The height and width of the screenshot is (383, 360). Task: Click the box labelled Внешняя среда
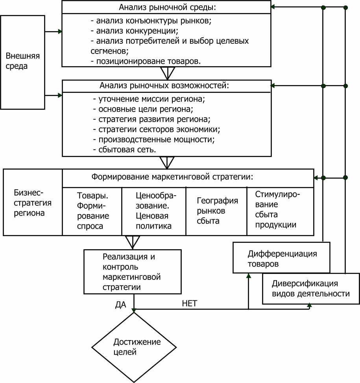click(22, 62)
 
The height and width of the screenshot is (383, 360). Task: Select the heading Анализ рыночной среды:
click(168, 7)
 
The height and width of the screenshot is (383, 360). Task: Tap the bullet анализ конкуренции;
click(135, 31)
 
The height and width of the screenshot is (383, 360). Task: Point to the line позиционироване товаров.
click(146, 61)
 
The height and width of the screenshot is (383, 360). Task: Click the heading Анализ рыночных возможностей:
click(164, 85)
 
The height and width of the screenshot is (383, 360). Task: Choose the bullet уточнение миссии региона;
click(149, 99)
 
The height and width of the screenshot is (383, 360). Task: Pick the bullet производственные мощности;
click(154, 139)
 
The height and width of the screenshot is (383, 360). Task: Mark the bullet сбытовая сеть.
click(124, 150)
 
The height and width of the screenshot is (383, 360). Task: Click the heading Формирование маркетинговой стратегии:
click(172, 177)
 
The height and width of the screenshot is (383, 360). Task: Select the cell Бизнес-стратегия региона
click(33, 202)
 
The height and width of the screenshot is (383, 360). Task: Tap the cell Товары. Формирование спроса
click(92, 211)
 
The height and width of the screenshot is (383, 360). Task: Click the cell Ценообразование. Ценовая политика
click(154, 211)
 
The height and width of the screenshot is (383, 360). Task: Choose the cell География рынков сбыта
click(216, 211)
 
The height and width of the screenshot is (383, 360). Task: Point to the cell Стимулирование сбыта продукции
click(281, 211)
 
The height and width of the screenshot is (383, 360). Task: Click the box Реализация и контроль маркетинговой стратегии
click(133, 272)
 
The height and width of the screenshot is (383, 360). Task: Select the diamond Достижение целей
click(134, 347)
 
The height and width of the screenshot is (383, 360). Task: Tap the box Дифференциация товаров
click(281, 258)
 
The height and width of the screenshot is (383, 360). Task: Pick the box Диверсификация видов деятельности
click(311, 289)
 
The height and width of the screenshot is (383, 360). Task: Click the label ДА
click(120, 305)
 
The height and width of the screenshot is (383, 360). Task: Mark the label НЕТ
click(189, 303)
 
